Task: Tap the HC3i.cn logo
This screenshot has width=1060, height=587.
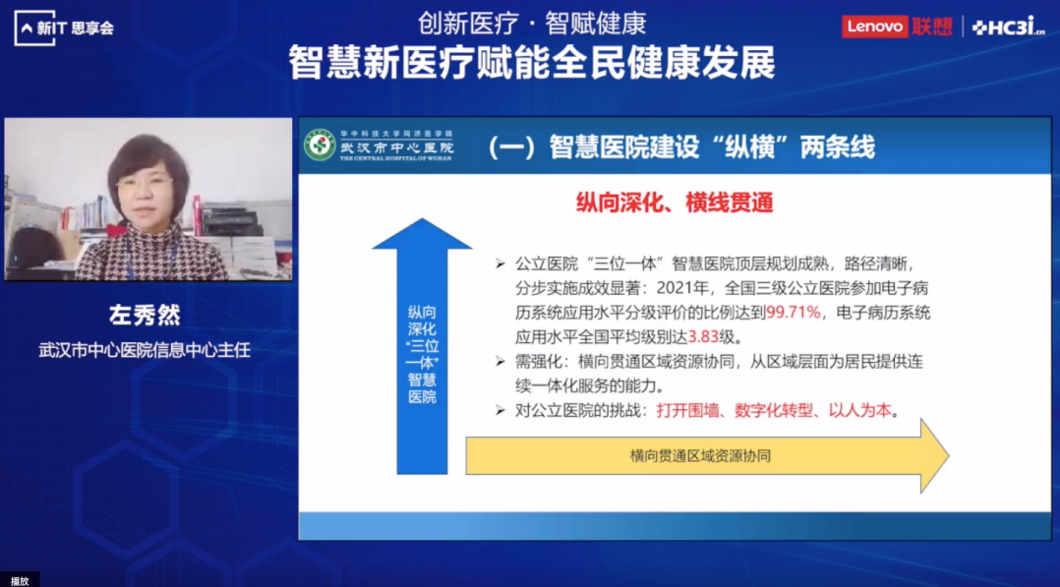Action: point(1007,28)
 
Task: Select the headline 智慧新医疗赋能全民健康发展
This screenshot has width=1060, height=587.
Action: point(531,63)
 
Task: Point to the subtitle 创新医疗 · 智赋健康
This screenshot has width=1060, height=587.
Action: point(531,22)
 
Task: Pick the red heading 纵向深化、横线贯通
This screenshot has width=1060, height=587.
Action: point(675,203)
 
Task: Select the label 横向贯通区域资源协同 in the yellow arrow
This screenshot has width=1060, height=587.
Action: point(700,456)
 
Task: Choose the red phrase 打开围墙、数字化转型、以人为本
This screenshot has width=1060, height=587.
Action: point(779,411)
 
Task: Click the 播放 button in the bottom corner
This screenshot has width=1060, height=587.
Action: point(20,579)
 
